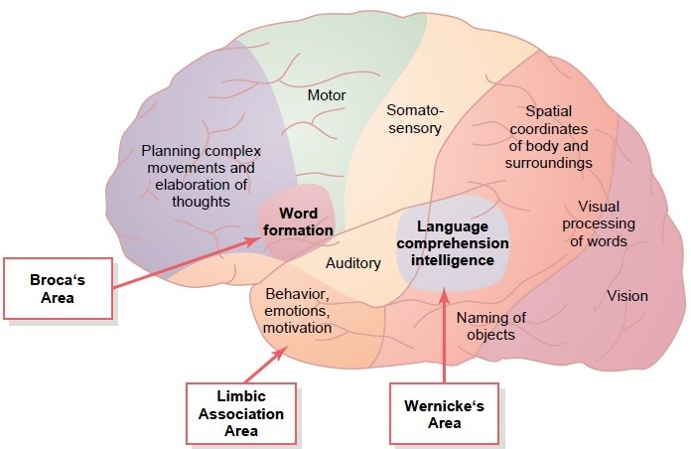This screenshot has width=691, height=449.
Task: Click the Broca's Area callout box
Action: point(58,288)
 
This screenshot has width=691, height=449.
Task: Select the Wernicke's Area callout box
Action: point(444,413)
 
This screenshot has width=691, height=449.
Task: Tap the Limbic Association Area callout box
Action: point(241,413)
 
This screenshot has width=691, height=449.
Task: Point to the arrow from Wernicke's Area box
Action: point(444,335)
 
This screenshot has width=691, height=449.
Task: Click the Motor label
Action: point(327,94)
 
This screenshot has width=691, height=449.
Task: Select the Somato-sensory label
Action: point(414,119)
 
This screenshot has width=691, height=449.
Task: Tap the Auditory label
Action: point(353,263)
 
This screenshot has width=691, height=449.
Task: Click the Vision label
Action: point(627,295)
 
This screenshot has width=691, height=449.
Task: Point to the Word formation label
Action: point(299,222)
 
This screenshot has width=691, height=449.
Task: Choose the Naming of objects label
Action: point(490,326)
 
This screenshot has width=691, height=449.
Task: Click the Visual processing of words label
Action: point(599,224)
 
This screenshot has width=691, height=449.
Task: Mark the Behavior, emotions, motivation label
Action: point(298,311)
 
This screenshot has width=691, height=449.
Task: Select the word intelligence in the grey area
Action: point(453,260)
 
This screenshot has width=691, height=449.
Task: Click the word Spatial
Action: point(549,111)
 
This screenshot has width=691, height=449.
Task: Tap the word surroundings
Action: point(549,163)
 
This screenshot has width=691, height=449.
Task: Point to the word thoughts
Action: point(201,202)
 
